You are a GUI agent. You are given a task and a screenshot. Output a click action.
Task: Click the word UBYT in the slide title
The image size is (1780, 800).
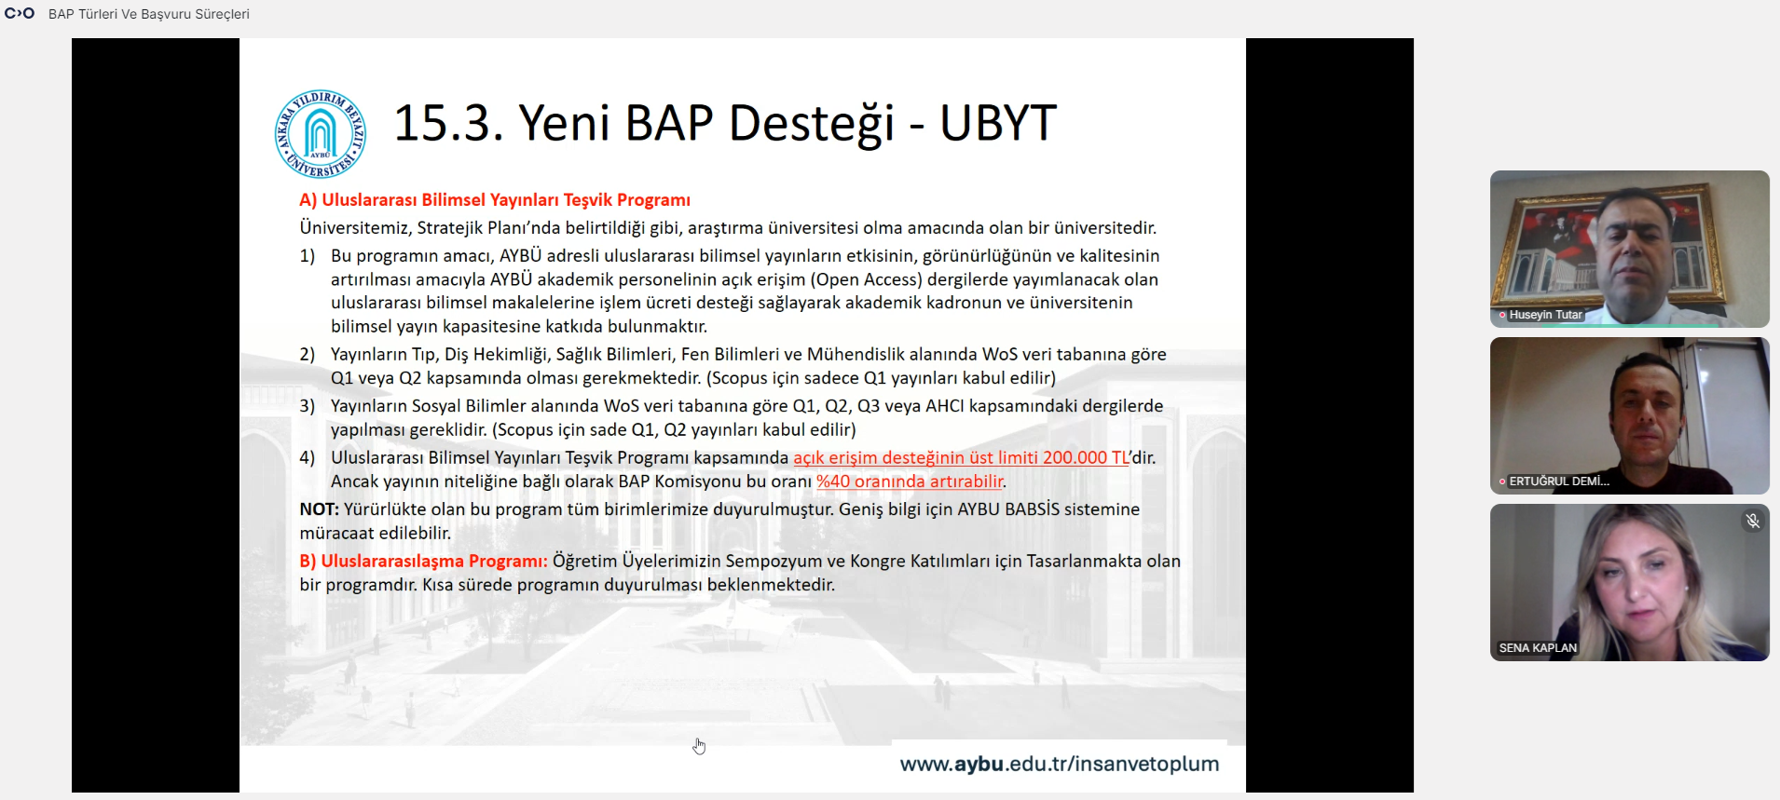(998, 123)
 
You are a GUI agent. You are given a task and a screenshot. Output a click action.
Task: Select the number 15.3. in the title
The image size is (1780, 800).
(448, 123)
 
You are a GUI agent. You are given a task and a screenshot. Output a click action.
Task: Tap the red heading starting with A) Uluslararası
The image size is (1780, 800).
(495, 200)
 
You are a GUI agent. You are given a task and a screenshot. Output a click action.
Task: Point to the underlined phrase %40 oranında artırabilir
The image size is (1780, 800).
(910, 481)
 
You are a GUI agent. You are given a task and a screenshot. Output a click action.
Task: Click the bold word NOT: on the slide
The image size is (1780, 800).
(319, 509)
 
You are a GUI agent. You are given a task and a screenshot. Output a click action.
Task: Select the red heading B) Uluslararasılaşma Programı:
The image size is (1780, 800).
(423, 562)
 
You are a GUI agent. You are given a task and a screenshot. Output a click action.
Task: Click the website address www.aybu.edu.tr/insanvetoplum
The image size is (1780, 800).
(1060, 764)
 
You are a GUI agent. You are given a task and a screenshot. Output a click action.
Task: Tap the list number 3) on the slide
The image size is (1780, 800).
(308, 406)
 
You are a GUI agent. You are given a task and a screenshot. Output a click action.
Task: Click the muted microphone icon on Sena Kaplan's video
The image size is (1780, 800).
(1753, 521)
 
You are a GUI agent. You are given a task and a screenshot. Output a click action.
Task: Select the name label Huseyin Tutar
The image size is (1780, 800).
(1545, 315)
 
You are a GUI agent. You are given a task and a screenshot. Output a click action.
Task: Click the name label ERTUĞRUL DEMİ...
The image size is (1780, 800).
(1559, 481)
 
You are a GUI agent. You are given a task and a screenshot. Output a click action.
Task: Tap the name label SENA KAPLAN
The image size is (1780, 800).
(1538, 648)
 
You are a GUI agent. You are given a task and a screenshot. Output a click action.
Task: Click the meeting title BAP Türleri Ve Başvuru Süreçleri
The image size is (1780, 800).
(149, 14)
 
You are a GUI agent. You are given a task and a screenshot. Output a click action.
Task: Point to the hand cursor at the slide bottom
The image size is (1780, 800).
(699, 746)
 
